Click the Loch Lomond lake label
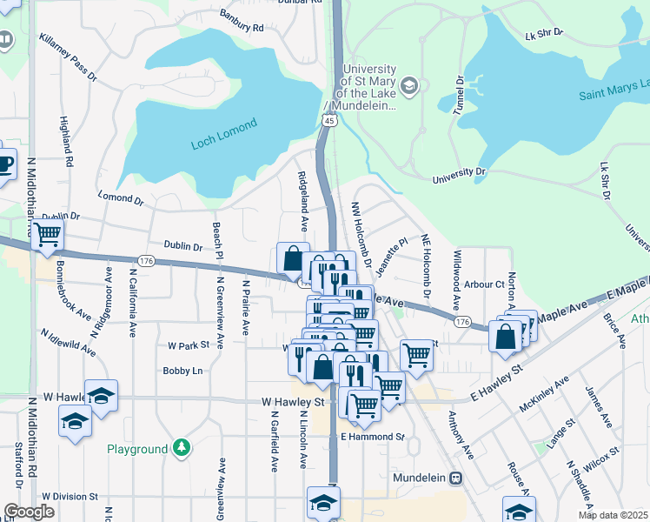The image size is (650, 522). [x=224, y=135]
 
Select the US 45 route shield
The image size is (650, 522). [x=328, y=122]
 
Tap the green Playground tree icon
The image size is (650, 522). [x=181, y=448]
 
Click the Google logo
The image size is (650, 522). [x=29, y=512]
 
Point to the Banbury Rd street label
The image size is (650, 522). [x=241, y=25]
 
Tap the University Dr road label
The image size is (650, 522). [x=458, y=176]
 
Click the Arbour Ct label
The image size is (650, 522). [x=484, y=284]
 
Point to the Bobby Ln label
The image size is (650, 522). [x=182, y=371]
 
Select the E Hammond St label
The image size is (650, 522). [x=373, y=436]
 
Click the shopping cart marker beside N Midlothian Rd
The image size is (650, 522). [x=48, y=233]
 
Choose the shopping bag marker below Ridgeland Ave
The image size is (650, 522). [x=293, y=258]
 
